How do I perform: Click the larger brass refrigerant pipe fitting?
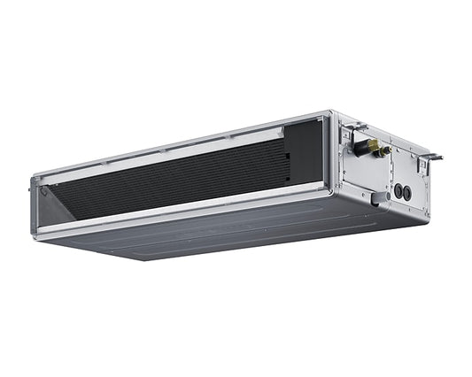373,145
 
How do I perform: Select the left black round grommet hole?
398,189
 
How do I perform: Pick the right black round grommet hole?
407,192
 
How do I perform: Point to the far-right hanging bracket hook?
432,158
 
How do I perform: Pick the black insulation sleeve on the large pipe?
360,147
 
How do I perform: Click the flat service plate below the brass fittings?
366,173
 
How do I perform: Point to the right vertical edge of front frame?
329,155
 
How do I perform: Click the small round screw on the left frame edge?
35,188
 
